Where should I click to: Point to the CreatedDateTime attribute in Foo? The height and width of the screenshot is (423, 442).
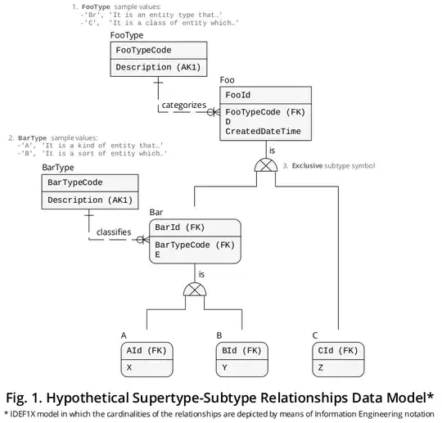tap(263, 131)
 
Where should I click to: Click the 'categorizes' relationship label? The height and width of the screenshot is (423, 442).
tap(183, 105)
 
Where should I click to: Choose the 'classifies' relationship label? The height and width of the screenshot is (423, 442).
tap(114, 232)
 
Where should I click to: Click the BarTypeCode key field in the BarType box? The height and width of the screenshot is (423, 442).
tap(80, 182)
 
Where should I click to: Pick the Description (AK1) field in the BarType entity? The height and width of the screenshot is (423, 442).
tap(89, 200)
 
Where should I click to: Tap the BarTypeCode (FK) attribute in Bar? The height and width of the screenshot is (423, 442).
tap(195, 244)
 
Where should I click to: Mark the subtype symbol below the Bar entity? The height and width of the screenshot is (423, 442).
tap(195, 290)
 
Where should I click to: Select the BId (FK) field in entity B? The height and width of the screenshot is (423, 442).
tap(242, 350)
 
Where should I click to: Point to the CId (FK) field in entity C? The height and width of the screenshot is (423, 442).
tap(336, 350)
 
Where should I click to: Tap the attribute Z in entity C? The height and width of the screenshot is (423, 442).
tap(320, 368)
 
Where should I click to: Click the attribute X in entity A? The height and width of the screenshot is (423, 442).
tap(130, 368)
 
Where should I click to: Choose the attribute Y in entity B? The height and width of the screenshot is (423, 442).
tap(224, 368)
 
